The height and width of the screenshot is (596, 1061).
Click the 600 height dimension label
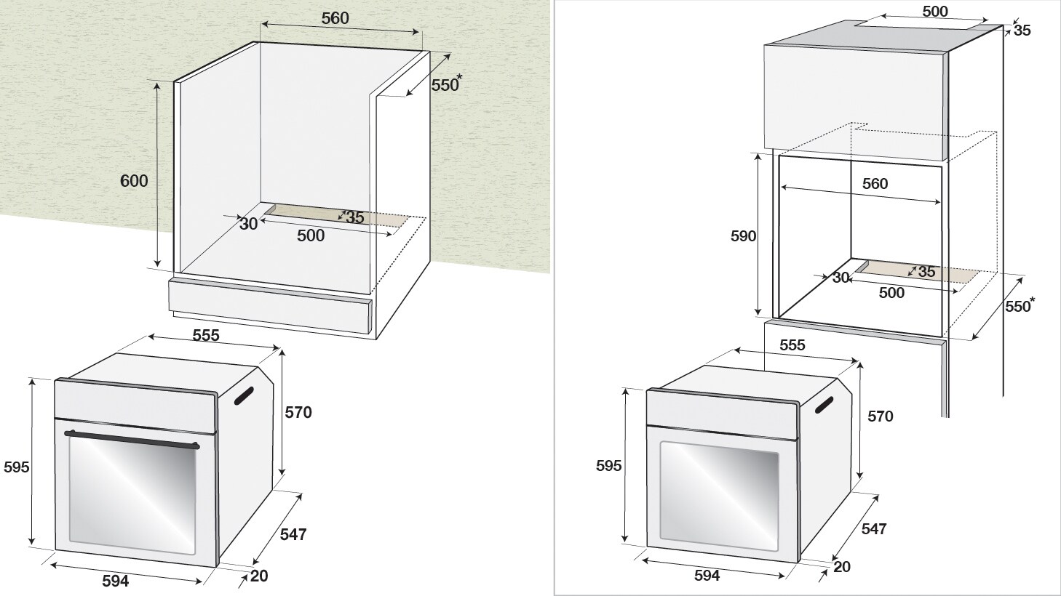134,181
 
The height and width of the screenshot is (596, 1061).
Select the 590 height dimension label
743,235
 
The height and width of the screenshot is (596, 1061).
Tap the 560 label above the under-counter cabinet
335,19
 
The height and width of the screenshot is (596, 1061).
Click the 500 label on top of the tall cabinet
934,12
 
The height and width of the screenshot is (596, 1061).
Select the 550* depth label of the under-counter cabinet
446,84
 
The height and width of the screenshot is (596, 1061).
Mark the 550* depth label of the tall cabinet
1018,306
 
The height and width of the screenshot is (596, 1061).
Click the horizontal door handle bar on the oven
132,439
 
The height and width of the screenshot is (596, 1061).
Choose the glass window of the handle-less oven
719,495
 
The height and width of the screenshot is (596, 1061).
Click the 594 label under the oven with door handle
115,581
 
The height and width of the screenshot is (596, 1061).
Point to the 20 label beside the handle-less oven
841,567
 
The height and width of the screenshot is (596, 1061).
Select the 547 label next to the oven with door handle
293,534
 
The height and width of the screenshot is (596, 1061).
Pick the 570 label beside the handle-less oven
880,416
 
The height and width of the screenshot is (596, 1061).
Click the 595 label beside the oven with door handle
16,467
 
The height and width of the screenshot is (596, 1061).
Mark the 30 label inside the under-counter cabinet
249,224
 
